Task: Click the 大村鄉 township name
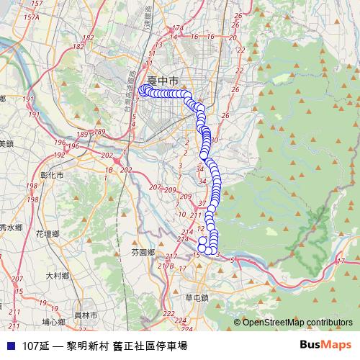click(57, 276)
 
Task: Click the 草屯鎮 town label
click(196, 297)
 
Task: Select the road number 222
click(168, 313)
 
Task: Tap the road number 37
click(202, 203)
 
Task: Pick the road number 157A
click(30, 17)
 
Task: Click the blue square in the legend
click(9, 346)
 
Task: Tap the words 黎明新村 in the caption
click(89, 346)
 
